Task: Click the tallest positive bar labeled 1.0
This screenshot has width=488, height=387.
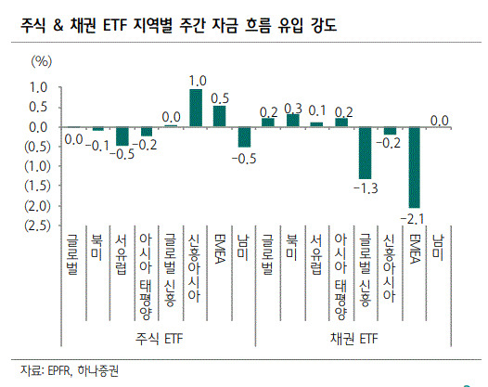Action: (x=196, y=108)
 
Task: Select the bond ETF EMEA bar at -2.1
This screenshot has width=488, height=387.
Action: (x=414, y=167)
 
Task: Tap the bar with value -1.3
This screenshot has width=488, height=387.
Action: (x=365, y=153)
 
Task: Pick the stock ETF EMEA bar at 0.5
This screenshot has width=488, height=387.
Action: (x=219, y=116)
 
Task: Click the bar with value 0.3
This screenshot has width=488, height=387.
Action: (x=292, y=121)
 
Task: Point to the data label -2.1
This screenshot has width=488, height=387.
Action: (x=412, y=219)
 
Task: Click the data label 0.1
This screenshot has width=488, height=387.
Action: (x=316, y=110)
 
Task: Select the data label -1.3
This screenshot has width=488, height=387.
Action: (x=366, y=188)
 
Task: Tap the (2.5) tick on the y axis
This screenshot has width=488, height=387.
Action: (x=37, y=226)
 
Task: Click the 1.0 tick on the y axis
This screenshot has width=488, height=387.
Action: (x=38, y=87)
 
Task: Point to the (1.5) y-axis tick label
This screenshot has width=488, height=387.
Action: (x=37, y=186)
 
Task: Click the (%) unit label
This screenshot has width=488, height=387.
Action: (x=42, y=61)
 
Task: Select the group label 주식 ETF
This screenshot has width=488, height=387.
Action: (x=159, y=339)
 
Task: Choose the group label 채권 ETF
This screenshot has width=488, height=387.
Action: (x=353, y=339)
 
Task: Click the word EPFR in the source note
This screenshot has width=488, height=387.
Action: (x=59, y=371)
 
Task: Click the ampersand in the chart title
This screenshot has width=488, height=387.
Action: (x=58, y=25)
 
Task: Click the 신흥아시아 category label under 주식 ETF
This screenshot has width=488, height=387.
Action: (x=194, y=268)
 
